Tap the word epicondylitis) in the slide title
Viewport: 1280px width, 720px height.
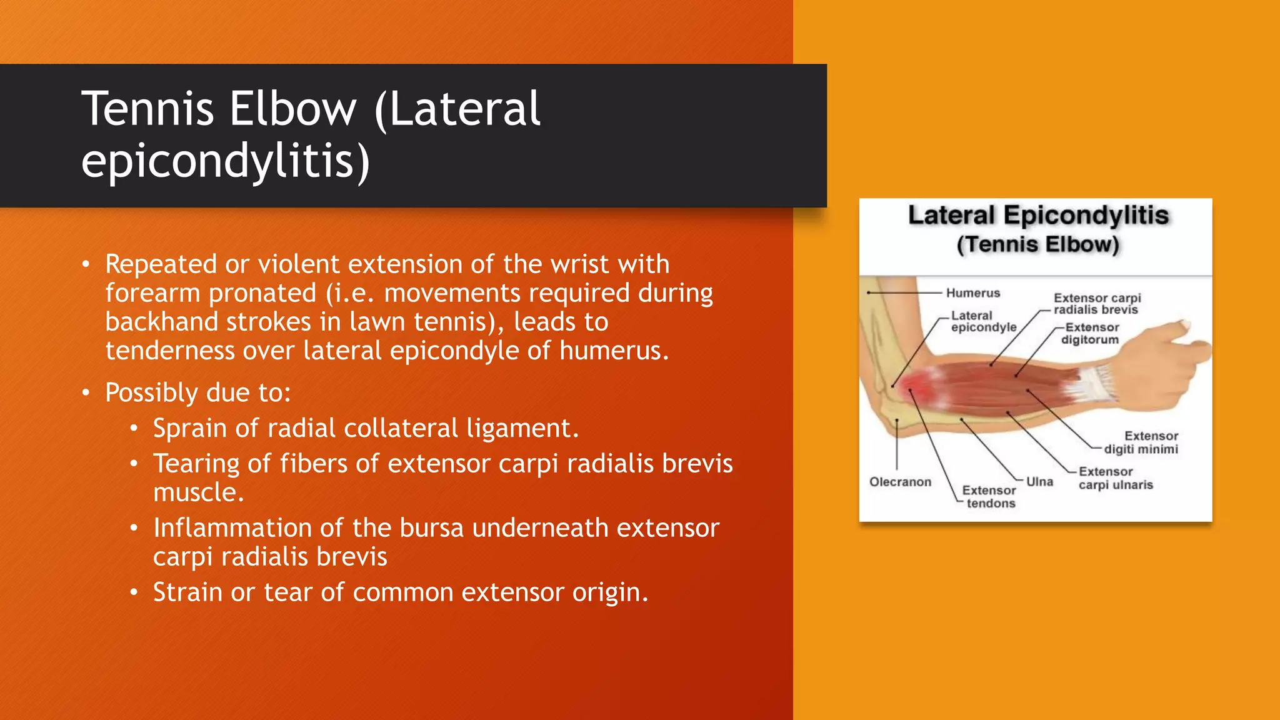(226, 161)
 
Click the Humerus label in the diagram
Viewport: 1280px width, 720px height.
(972, 293)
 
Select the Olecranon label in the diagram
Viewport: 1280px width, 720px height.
(900, 482)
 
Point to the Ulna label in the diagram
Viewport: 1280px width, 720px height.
(1039, 482)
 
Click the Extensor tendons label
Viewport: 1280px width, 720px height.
(989, 497)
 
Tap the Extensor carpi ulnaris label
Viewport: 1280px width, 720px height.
(1115, 478)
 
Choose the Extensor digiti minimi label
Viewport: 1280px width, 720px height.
(1141, 442)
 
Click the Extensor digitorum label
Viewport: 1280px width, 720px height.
(1091, 334)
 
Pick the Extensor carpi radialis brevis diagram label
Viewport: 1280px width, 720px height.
(1096, 304)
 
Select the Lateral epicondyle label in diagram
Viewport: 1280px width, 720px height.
(982, 322)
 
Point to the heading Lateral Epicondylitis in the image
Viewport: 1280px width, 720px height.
(1038, 216)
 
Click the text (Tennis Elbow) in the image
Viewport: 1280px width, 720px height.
(1037, 244)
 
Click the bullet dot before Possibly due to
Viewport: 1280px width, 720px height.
(86, 393)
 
